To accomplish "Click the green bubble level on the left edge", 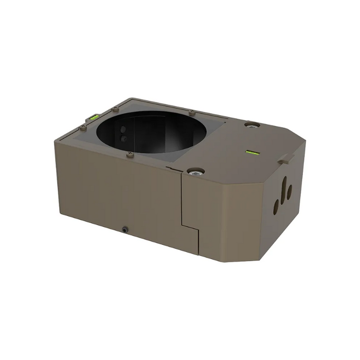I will pyautogui.click(x=95, y=117).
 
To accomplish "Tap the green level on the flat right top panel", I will pyautogui.click(x=252, y=152).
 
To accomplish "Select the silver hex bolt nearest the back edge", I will pyautogui.click(x=251, y=124).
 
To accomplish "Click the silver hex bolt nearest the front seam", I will pyautogui.click(x=195, y=171).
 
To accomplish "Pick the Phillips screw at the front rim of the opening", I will pyautogui.click(x=130, y=154).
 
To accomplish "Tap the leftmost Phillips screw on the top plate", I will pyautogui.click(x=83, y=127).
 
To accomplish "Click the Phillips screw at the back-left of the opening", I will pyautogui.click(x=115, y=109).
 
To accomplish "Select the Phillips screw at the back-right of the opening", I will pyautogui.click(x=192, y=112).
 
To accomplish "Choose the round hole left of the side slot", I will pyautogui.click(x=276, y=206).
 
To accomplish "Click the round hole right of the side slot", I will pyautogui.click(x=290, y=192).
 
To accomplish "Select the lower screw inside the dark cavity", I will pyautogui.click(x=123, y=138).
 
